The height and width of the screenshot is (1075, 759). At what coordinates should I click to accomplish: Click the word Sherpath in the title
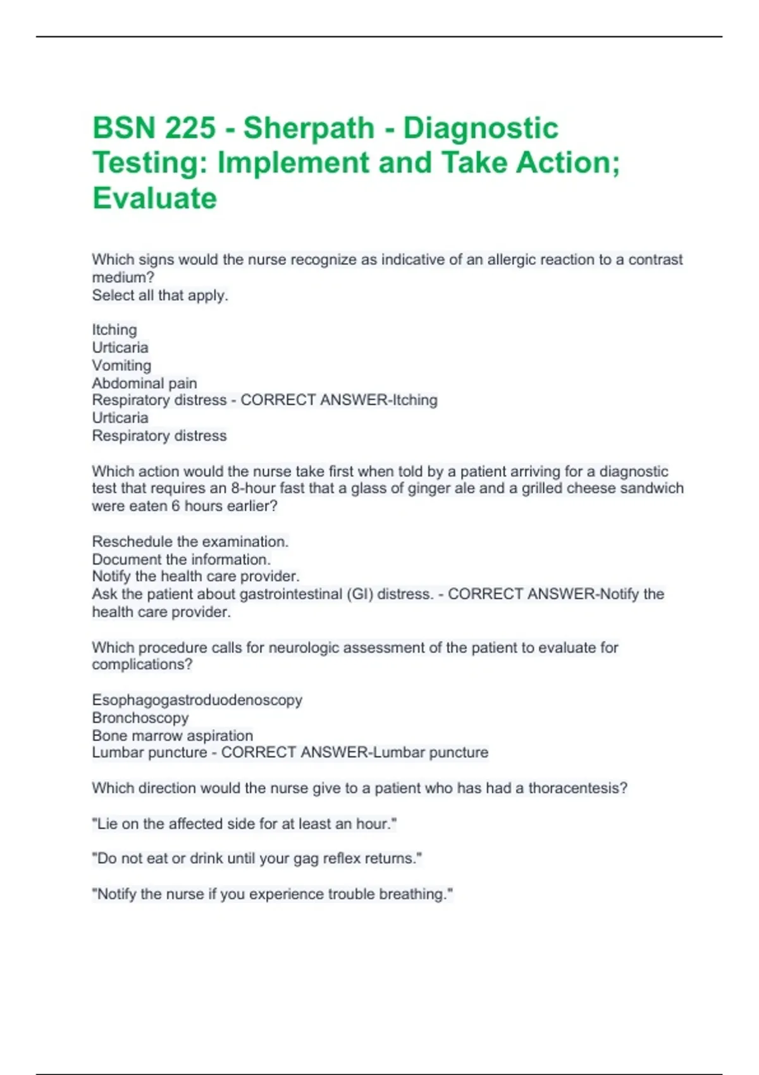309,128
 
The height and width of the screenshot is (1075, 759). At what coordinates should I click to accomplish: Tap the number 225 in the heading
190,128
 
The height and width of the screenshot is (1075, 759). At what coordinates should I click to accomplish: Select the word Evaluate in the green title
155,199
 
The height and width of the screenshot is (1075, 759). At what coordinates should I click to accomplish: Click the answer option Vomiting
121,365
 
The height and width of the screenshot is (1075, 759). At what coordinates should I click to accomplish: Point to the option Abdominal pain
144,383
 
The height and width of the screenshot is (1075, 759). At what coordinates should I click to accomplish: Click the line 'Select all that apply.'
160,295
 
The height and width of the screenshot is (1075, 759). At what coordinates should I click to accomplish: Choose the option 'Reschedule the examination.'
190,542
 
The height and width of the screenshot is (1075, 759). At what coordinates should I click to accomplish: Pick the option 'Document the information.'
182,560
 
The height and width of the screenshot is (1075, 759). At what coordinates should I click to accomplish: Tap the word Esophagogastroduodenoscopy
197,700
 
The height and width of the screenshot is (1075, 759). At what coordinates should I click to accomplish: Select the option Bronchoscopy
140,718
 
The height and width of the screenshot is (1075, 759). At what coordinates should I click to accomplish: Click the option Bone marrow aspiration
173,735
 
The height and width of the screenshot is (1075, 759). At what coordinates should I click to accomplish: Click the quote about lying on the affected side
244,824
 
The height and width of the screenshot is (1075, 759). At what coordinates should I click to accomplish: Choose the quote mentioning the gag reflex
257,859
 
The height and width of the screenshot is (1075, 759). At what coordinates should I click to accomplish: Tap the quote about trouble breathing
273,894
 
